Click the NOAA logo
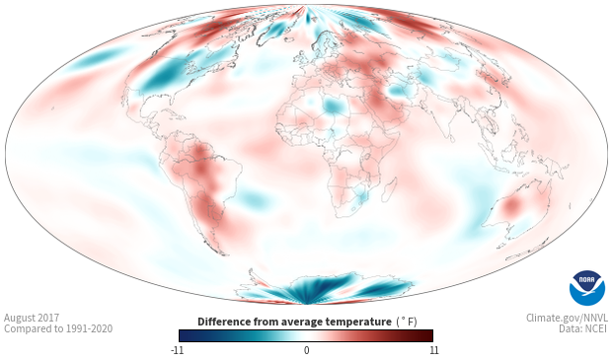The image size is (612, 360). (587, 288)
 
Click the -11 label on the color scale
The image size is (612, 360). (177, 350)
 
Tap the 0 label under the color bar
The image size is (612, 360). (306, 350)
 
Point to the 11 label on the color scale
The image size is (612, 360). (434, 350)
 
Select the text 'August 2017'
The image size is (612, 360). (32, 318)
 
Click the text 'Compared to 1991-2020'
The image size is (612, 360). (58, 328)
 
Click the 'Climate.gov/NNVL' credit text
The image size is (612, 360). (567, 318)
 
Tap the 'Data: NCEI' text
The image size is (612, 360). (583, 328)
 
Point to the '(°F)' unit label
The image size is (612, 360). (407, 323)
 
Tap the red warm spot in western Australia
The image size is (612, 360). (510, 205)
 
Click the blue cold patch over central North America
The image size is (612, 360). (161, 76)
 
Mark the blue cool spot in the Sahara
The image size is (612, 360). (333, 105)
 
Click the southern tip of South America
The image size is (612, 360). (225, 254)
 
